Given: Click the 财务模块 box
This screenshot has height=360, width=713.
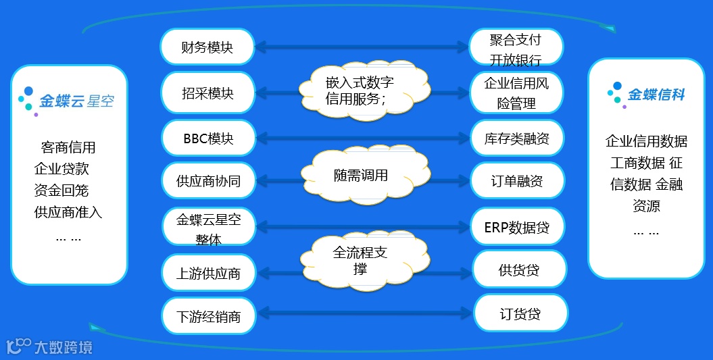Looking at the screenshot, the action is coord(207,47).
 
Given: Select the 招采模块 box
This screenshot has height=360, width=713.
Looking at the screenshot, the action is coord(207,93).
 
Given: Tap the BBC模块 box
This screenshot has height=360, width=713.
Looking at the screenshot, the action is coord(207,138).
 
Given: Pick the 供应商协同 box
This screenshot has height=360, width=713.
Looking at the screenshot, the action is coord(207,180).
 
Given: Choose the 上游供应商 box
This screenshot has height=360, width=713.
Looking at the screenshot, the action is coord(207,274).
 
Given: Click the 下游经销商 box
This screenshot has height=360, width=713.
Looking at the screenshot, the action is coord(207,316).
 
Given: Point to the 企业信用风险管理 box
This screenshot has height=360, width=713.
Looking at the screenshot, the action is coord(516,93).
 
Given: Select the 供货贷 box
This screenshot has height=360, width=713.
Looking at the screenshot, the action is coord(518,270).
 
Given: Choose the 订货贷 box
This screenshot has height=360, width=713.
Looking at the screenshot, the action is coord(520,314).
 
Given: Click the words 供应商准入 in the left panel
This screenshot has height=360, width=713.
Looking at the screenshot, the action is coord(68,213).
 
